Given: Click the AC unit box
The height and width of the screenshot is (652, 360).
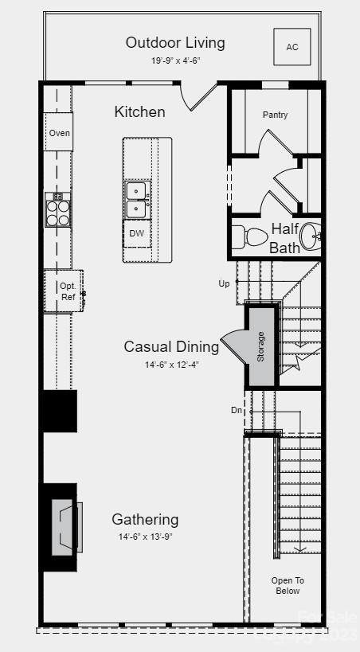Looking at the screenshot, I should (292, 47).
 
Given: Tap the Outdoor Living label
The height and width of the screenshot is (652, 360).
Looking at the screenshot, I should (175, 42).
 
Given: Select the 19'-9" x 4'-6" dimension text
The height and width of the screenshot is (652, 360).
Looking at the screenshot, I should (175, 61).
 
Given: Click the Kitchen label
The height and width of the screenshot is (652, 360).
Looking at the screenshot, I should (139, 111).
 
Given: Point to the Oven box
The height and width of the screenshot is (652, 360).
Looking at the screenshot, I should (59, 133).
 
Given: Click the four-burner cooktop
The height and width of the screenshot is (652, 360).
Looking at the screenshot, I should (58, 210).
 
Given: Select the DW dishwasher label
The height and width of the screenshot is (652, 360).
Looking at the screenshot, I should (137, 233).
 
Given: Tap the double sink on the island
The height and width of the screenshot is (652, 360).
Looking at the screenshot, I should (137, 199).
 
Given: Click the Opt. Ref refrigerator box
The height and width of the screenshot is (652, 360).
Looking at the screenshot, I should (67, 291).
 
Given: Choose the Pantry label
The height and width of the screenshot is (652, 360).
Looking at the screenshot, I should (275, 115).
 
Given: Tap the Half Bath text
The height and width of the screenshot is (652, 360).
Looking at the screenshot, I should (284, 238).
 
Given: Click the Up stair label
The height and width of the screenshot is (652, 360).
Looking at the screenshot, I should (224, 283).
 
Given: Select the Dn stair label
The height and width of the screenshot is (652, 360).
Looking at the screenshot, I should (236, 410).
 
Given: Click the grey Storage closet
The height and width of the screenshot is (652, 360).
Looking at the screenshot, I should (260, 346).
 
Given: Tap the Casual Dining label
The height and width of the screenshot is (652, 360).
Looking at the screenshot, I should (171, 346).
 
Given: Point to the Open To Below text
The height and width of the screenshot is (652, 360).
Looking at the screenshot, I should (287, 585).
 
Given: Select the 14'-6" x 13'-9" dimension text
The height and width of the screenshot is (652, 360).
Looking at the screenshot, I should (145, 537).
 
